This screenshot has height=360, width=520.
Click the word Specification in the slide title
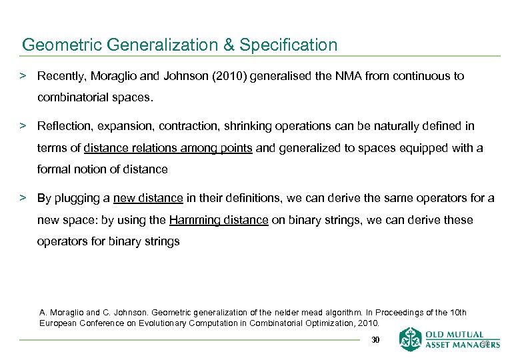[288, 45]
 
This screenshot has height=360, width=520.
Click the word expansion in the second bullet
[124, 126]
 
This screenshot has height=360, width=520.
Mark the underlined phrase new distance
[148, 198]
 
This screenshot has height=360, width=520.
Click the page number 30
[375, 341]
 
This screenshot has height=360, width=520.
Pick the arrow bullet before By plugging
[23, 198]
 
